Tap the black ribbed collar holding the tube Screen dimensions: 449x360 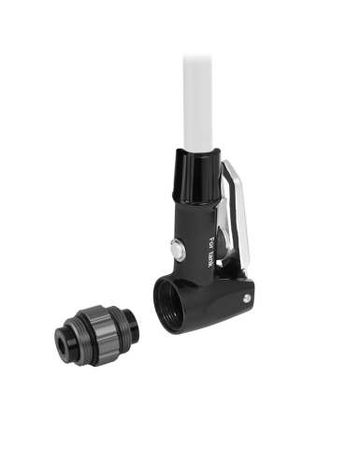[196, 179]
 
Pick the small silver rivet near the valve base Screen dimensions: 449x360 [246, 299]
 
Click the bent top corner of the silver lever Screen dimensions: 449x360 [228, 165]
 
